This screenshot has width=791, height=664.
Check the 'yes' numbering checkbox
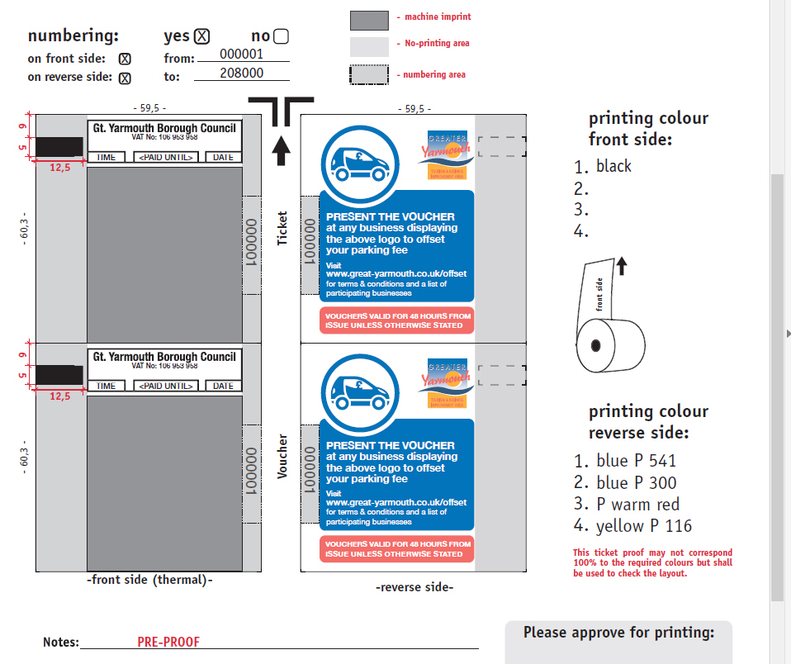tap(202, 36)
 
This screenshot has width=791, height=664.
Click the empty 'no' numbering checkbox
tap(281, 36)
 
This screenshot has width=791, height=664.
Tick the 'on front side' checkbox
tap(125, 59)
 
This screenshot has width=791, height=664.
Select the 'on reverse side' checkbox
tap(125, 78)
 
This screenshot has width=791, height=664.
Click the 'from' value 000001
tap(242, 54)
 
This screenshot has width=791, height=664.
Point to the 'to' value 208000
tap(242, 73)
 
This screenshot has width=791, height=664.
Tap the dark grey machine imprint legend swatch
tap(369, 21)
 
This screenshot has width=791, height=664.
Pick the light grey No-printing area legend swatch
tap(369, 46)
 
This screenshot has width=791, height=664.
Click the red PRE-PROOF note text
tap(168, 642)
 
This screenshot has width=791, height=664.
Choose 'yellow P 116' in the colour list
tap(643, 526)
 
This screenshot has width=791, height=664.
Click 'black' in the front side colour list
tap(613, 166)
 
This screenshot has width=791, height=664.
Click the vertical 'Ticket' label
tap(282, 228)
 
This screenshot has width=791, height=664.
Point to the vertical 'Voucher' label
tap(282, 457)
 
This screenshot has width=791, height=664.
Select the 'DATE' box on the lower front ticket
tap(223, 386)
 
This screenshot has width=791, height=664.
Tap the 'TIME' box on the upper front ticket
tap(106, 157)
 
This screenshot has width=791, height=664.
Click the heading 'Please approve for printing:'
tap(618, 633)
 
